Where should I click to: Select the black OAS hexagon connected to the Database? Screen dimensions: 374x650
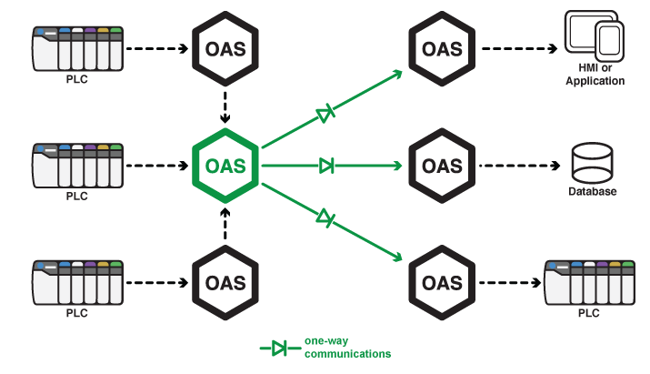(x=443, y=166)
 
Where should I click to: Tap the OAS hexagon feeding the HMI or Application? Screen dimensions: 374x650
(x=443, y=49)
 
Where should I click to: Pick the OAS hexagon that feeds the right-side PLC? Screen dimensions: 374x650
(x=443, y=282)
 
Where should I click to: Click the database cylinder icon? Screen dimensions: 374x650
(x=593, y=163)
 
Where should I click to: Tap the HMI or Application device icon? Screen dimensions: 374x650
(x=595, y=39)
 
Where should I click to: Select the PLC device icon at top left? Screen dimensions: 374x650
(x=77, y=48)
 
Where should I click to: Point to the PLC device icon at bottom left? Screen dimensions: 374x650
(x=77, y=283)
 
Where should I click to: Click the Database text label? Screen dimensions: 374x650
(x=593, y=192)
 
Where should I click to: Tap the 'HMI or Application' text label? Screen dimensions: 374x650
(x=595, y=76)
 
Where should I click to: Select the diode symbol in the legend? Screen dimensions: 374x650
(x=280, y=348)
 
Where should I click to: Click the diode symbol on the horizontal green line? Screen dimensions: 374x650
(x=326, y=166)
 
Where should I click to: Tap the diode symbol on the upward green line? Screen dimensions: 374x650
(x=325, y=114)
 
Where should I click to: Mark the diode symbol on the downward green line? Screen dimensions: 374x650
(x=325, y=217)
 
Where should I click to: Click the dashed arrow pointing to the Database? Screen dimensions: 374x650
(x=519, y=166)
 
